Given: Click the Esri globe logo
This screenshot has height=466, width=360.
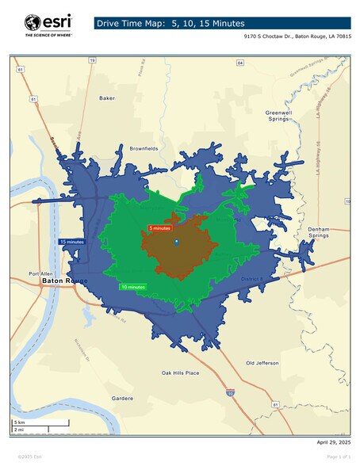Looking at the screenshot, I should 33,23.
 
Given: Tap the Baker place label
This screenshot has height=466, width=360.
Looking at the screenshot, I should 106,98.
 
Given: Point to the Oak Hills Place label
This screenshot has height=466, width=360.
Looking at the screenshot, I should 180,372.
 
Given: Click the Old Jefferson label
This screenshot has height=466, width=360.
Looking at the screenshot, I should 262,363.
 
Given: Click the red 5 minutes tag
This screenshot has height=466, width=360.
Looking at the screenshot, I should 159,228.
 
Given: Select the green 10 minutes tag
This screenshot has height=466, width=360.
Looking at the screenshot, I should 132,286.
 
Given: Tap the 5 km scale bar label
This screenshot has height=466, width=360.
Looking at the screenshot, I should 19,422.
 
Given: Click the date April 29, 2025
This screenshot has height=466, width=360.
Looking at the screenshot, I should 333,441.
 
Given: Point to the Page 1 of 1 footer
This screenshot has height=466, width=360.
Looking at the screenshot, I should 339,457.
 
